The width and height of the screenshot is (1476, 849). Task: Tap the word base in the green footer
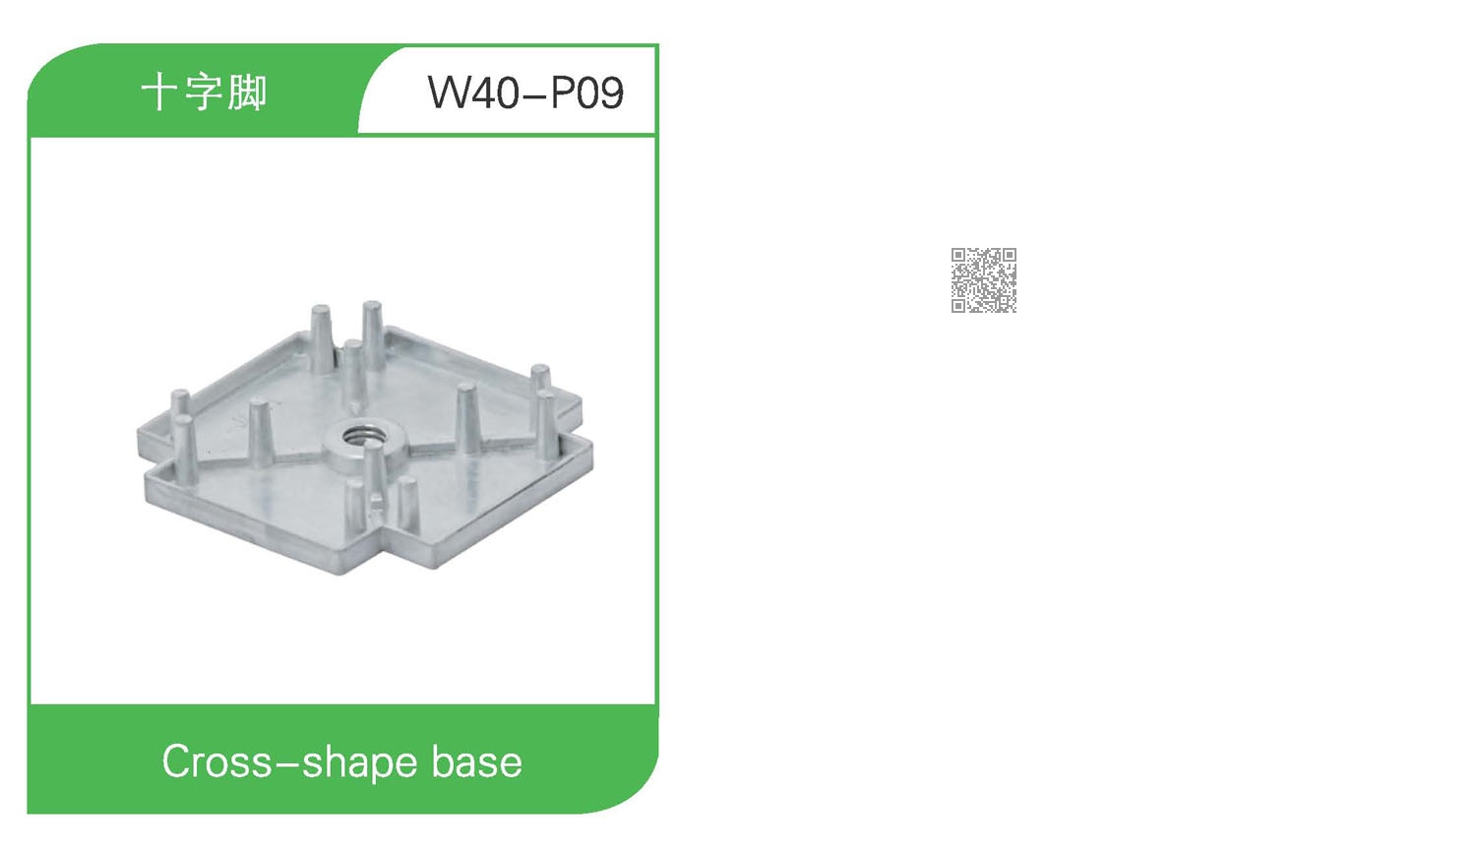click(x=476, y=762)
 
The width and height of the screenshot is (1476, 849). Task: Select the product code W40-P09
click(x=525, y=92)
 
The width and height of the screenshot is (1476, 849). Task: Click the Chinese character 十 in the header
click(x=158, y=92)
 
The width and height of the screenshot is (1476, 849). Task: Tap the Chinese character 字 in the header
click(x=203, y=92)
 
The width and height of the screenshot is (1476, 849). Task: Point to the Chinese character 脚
click(x=247, y=92)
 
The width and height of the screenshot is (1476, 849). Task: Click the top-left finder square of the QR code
click(x=958, y=256)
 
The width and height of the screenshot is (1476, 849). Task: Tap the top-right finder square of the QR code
click(x=1009, y=256)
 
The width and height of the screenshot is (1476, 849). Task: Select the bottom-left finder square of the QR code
click(x=958, y=305)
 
